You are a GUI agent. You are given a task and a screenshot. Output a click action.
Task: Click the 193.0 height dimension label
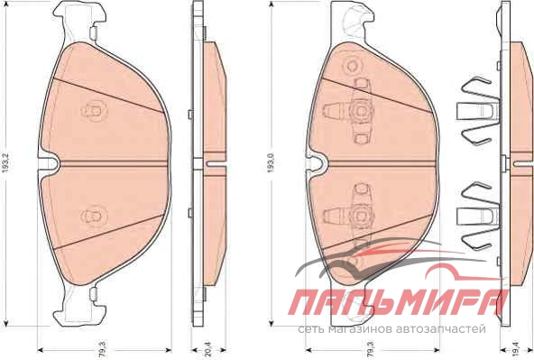click(x=272, y=162)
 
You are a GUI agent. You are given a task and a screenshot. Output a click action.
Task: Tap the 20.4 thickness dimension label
click(x=208, y=350)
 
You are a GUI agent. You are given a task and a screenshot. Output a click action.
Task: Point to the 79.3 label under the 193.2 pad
click(x=104, y=350)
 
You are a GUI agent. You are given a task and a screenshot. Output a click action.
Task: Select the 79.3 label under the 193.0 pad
click(x=371, y=350)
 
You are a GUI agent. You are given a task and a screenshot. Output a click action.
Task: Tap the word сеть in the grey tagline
click(x=311, y=329)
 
